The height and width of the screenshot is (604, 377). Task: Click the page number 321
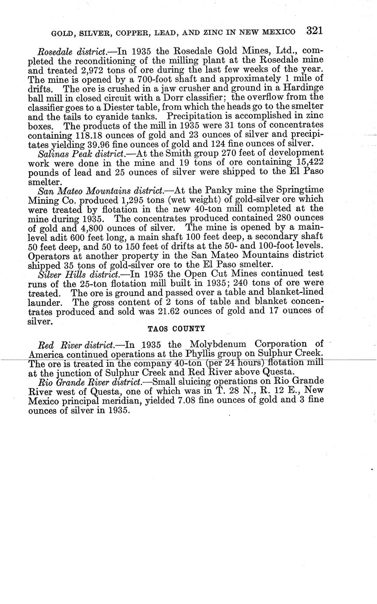[x=314, y=31]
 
